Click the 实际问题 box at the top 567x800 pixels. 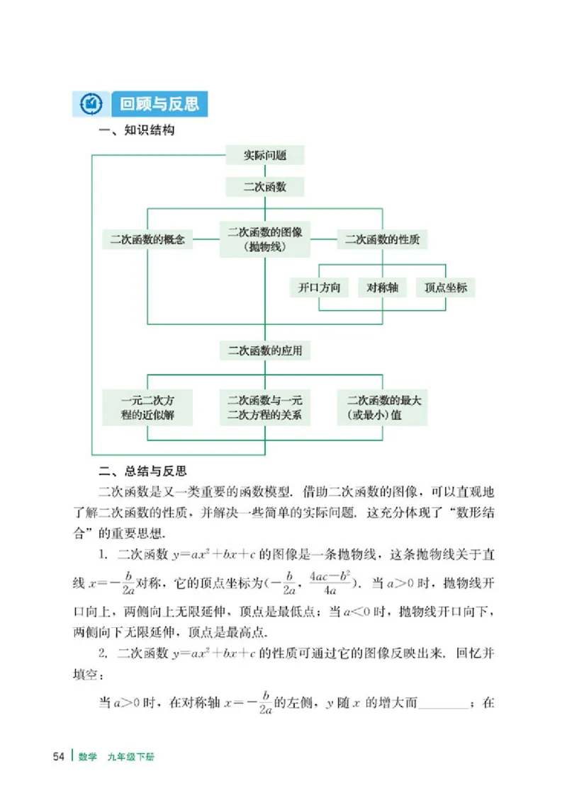coord(264,155)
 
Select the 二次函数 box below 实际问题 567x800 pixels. coord(264,187)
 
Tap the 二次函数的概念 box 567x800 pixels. coord(147,239)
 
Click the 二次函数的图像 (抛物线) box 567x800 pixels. coord(265,239)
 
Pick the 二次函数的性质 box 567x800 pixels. coord(382,239)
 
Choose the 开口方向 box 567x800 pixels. coord(320,287)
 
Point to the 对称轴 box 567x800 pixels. coord(382,287)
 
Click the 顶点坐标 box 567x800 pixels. coord(445,287)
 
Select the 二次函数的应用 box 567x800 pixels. coord(264,350)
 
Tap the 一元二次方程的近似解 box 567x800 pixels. coord(147,407)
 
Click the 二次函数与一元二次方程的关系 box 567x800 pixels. coord(265,407)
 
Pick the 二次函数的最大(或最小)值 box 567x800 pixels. coord(382,407)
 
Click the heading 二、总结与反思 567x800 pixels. coord(141,471)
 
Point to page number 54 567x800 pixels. coord(59,757)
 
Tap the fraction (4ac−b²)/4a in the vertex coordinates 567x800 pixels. coord(329,584)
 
